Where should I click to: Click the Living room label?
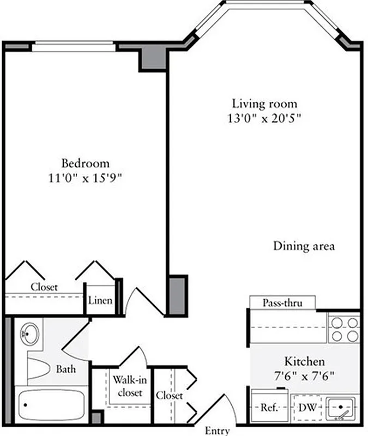click(x=265, y=103)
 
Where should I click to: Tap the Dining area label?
click(x=304, y=246)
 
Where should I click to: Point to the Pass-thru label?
click(x=282, y=302)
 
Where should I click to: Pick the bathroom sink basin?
click(x=29, y=334)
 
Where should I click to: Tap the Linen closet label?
click(x=100, y=300)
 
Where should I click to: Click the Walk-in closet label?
click(x=128, y=386)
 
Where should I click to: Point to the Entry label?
click(x=217, y=431)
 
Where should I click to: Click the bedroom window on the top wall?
click(x=74, y=47)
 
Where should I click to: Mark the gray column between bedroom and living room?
click(x=177, y=294)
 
